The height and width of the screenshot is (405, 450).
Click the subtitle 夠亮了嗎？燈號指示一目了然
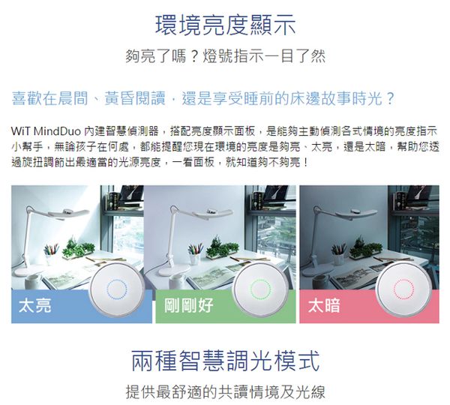click(225, 56)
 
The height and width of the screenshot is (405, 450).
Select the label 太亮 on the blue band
click(34, 306)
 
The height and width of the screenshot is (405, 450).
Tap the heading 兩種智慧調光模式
click(225, 361)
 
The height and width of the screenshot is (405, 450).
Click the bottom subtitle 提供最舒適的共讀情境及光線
click(225, 392)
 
